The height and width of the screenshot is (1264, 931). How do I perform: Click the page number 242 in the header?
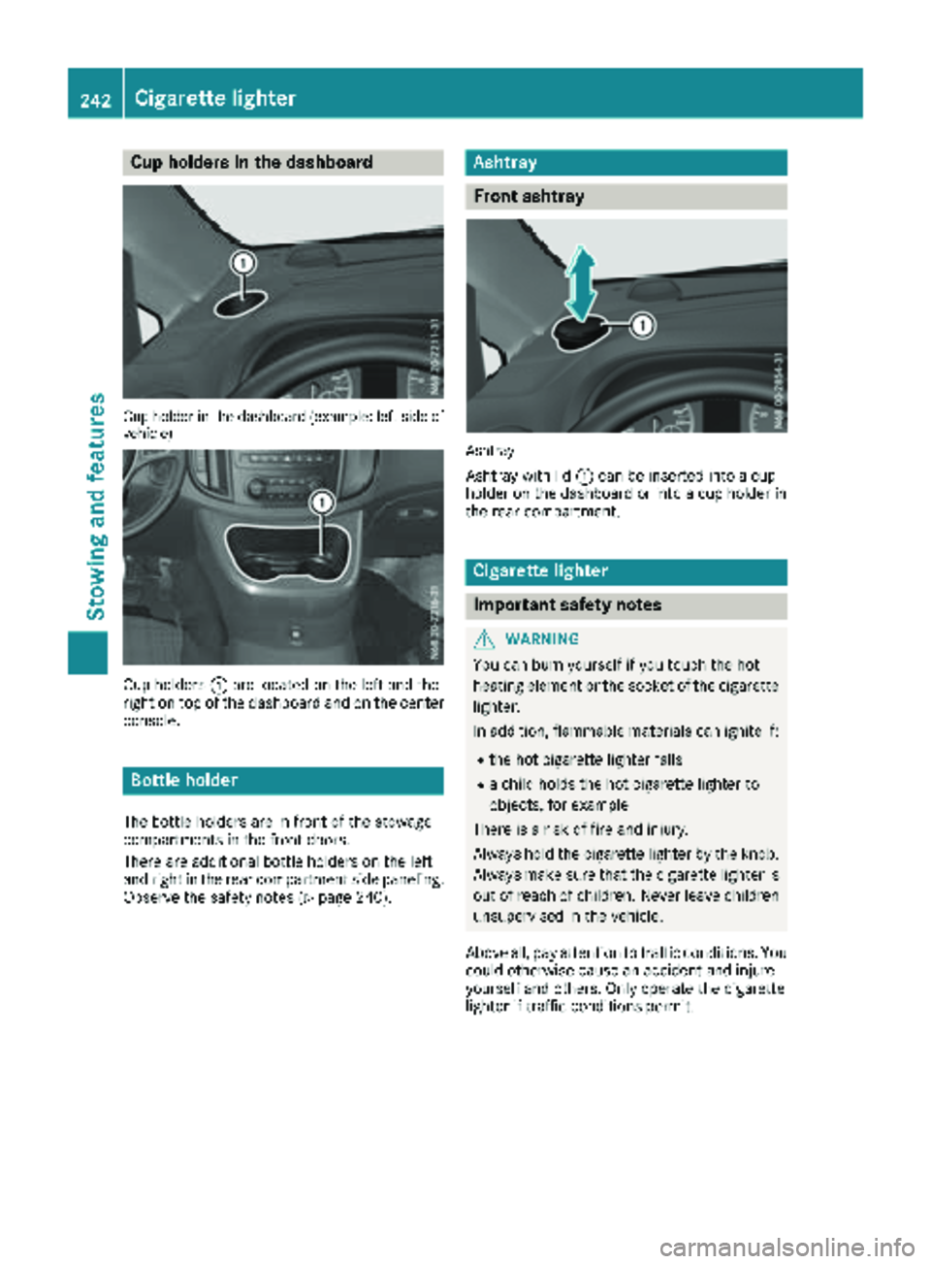coord(95,99)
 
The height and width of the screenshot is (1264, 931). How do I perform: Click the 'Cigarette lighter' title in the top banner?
coord(215,98)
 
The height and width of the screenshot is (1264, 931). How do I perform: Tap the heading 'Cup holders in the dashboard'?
coord(251,162)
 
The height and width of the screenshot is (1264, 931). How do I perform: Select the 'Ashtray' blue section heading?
coord(504,162)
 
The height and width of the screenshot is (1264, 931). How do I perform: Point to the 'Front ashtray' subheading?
coord(529,196)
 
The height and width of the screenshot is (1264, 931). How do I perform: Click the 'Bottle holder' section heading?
coord(184,780)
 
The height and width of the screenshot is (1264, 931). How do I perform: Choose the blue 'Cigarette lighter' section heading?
coord(540,571)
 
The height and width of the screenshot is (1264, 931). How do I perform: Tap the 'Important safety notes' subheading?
coord(567,604)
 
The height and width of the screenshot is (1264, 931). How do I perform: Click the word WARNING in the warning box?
coord(542,638)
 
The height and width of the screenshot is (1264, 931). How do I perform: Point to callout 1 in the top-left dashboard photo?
coord(243,263)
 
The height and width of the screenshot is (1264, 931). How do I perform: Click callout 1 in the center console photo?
coord(321,502)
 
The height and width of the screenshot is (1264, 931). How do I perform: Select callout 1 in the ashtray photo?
coord(642,325)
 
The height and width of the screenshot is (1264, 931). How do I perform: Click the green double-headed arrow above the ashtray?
coord(580,282)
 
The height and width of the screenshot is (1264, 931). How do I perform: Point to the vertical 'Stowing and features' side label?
coord(96,505)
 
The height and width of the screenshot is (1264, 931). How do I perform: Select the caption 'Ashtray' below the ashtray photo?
coord(490,451)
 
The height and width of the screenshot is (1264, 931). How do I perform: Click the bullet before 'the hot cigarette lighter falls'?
coord(481,761)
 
